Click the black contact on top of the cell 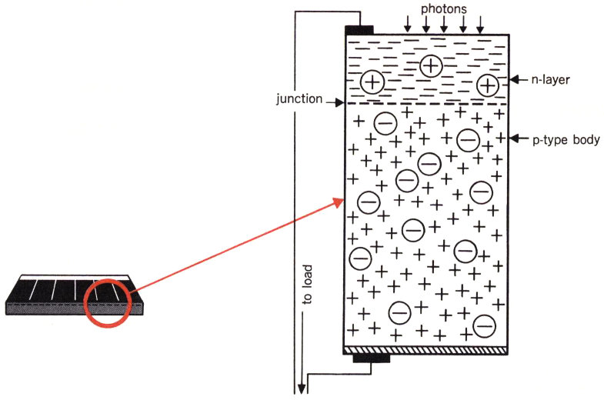coord(359,30)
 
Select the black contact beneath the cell coord(371,358)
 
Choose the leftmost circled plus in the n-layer coord(372,82)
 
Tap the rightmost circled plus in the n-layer coord(487,85)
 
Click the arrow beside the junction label coord(337,101)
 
